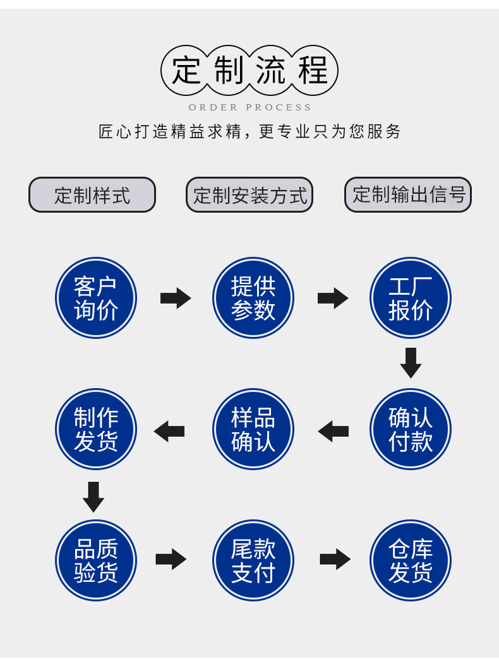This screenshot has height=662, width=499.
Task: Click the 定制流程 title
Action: pyautogui.click(x=249, y=70)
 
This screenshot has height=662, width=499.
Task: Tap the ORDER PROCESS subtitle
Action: pyautogui.click(x=249, y=107)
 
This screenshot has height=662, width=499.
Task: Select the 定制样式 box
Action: pyautogui.click(x=92, y=195)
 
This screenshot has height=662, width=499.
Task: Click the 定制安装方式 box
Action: pyautogui.click(x=249, y=195)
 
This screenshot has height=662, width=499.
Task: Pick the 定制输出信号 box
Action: pyautogui.click(x=408, y=195)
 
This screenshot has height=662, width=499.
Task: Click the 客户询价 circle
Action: pyautogui.click(x=96, y=298)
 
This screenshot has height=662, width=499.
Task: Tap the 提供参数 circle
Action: pyautogui.click(x=253, y=298)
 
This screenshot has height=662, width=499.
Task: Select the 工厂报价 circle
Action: pyautogui.click(x=411, y=298)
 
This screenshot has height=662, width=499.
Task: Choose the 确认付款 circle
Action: pyautogui.click(x=411, y=429)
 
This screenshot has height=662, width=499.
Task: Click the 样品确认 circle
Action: pyautogui.click(x=253, y=429)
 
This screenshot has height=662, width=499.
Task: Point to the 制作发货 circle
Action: pyautogui.click(x=96, y=429)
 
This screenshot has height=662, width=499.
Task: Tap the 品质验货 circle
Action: pyautogui.click(x=96, y=560)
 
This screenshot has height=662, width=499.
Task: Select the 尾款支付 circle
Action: pyautogui.click(x=253, y=560)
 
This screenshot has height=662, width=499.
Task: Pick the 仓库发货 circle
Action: pyautogui.click(x=411, y=560)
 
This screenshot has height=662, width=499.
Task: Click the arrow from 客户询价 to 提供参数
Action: pyautogui.click(x=176, y=298)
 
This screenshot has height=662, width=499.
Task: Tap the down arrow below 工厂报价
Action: pyautogui.click(x=411, y=363)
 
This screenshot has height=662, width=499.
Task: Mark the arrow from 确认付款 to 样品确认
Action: pyautogui.click(x=333, y=431)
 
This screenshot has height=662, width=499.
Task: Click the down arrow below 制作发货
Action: pyautogui.click(x=93, y=497)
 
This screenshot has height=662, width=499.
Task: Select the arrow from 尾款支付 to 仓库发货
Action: pyautogui.click(x=335, y=559)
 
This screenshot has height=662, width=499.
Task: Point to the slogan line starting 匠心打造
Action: pyautogui.click(x=249, y=131)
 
